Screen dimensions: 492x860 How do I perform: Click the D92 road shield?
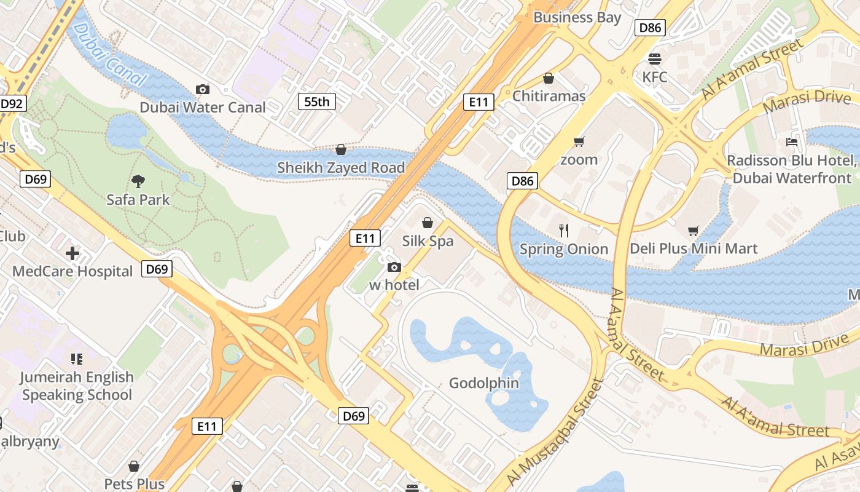point(12,104)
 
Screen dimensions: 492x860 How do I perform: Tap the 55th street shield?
point(317,101)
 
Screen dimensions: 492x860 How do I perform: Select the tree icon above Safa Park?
point(138,181)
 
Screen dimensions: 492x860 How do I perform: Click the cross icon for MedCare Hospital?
point(72,253)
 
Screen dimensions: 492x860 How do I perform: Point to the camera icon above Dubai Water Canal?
point(202,89)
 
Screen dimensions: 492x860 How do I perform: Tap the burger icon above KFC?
point(655,59)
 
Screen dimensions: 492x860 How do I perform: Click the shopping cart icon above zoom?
point(579,142)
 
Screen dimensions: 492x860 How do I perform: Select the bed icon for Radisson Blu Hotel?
point(792,142)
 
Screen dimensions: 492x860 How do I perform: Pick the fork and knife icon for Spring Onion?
point(564,231)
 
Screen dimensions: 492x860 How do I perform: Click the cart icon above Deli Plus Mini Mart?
point(694,231)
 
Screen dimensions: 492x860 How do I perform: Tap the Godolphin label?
point(484,383)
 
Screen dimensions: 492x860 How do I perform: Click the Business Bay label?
point(577,17)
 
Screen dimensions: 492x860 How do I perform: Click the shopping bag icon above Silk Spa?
point(428,223)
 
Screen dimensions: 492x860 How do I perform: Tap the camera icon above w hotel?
point(394,267)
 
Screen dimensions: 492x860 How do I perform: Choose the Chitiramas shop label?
point(549,96)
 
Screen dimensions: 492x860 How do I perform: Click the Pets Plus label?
point(134,483)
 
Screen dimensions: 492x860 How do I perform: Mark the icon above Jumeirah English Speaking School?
point(77,359)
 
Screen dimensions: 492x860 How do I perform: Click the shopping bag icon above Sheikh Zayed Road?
point(341,149)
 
